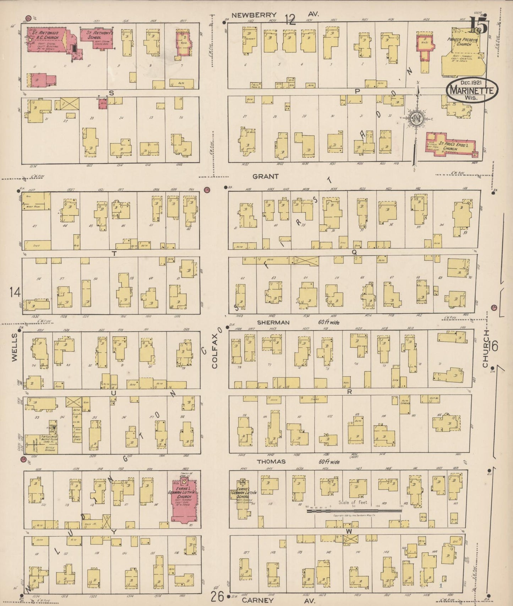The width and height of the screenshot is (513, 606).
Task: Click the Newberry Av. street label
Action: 254,15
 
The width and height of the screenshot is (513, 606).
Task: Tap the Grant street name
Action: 265,176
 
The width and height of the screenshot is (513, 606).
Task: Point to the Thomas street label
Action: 271,461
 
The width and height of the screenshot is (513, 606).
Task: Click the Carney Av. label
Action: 258,600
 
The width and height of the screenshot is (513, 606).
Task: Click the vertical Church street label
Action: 485,348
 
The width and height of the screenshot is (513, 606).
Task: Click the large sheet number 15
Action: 479,26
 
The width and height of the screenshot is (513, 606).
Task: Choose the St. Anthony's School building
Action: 97,39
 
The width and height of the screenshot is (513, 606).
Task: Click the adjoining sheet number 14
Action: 15,292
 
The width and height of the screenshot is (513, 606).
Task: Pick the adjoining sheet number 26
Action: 217,596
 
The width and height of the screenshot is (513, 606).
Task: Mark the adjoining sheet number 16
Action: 493,345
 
